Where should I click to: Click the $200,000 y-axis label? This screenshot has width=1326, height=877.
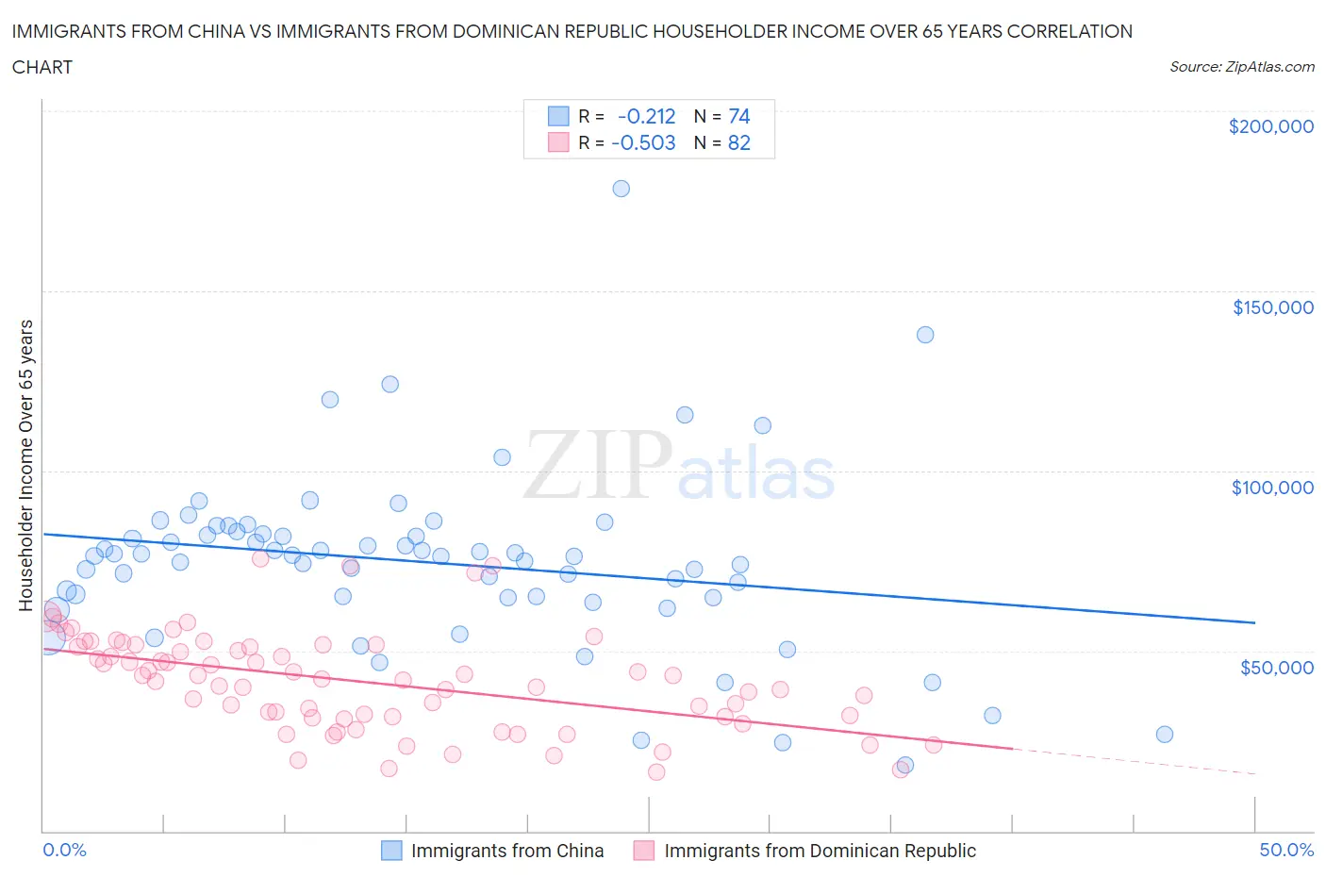coord(1270,126)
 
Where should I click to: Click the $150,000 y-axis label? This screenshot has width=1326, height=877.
coord(1272,307)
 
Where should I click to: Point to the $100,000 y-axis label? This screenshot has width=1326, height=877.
coord(1272,488)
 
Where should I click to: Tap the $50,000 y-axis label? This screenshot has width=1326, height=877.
coord(1276,668)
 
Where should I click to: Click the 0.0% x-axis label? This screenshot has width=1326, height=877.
coord(64,850)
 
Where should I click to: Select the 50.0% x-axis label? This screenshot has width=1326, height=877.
coord(1286,850)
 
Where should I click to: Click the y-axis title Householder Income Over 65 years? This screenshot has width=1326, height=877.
coord(26,465)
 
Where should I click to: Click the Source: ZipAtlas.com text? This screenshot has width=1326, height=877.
coord(1241,67)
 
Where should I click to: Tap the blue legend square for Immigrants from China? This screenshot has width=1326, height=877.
coord(391,851)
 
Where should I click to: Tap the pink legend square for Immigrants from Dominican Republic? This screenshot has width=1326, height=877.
coord(644,851)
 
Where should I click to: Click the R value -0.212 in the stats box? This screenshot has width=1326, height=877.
coord(646,116)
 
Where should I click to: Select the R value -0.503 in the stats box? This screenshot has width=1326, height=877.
coord(643,142)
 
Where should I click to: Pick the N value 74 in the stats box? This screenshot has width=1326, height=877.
coord(739,116)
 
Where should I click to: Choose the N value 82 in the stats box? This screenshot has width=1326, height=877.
coord(739,142)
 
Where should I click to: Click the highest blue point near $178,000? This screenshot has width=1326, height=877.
coord(621,189)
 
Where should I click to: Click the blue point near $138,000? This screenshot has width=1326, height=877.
coord(925,335)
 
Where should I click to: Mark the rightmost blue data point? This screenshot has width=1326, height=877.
coord(1165,735)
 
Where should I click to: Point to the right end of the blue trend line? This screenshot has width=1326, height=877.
coord(1254,622)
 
